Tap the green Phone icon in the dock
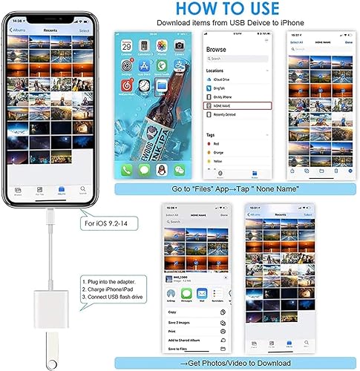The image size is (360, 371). point(127,169)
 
